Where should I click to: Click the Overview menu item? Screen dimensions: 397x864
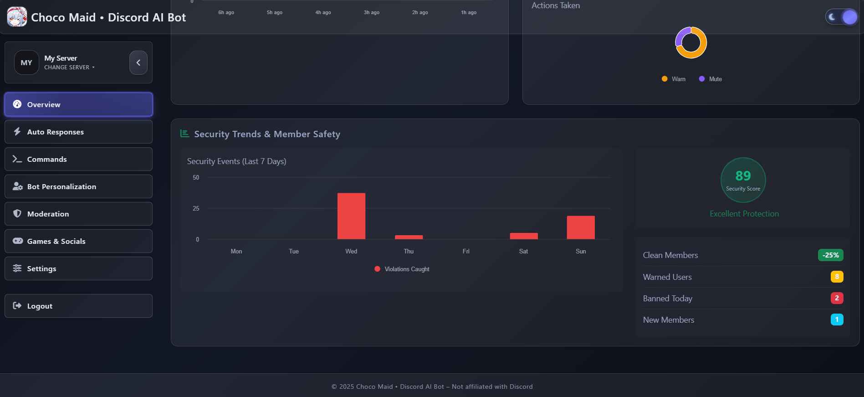(x=78, y=104)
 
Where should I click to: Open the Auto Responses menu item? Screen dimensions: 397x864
(x=78, y=132)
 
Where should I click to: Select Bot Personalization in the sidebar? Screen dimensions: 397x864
(x=78, y=186)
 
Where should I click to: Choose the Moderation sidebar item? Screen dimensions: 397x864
(x=78, y=214)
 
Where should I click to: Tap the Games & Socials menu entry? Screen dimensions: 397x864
(x=78, y=241)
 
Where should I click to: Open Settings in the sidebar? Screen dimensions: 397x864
(x=78, y=268)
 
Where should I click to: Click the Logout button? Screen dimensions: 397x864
(x=78, y=306)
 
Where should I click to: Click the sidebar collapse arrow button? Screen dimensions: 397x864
(x=138, y=62)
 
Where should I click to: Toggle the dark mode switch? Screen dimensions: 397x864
(x=842, y=17)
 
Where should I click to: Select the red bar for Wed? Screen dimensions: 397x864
(x=351, y=216)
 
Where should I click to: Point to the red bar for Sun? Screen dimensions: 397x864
(x=581, y=227)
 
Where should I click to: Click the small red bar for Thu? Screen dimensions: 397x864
(x=409, y=237)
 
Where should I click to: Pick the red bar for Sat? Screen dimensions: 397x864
(x=524, y=236)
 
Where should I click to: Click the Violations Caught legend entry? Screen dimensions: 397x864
(x=402, y=269)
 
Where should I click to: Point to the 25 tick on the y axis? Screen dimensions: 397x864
(x=196, y=208)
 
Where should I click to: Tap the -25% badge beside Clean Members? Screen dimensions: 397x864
(x=830, y=255)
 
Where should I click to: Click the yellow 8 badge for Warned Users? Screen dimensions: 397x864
(x=837, y=277)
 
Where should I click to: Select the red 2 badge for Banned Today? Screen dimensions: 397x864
(x=837, y=298)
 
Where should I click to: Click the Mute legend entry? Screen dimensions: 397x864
(x=711, y=79)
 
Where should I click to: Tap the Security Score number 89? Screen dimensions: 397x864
(x=743, y=176)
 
